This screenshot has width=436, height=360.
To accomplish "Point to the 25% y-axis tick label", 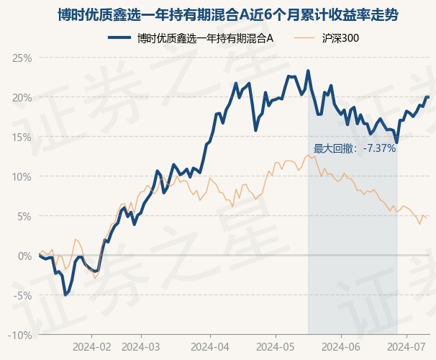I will pyautogui.click(x=22, y=58).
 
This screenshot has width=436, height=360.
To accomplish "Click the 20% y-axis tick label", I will pyautogui.click(x=22, y=97).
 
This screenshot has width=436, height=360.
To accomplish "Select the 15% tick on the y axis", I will pyautogui.click(x=22, y=137).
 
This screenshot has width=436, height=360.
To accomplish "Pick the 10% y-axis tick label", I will pyautogui.click(x=22, y=176).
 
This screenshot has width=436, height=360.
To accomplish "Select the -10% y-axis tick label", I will pyautogui.click(x=21, y=335).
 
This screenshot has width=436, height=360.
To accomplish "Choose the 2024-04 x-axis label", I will pyautogui.click(x=210, y=346).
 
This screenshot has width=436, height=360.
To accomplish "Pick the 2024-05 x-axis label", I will pyautogui.click(x=276, y=346).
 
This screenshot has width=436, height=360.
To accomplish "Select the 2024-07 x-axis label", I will pyautogui.click(x=407, y=346).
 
